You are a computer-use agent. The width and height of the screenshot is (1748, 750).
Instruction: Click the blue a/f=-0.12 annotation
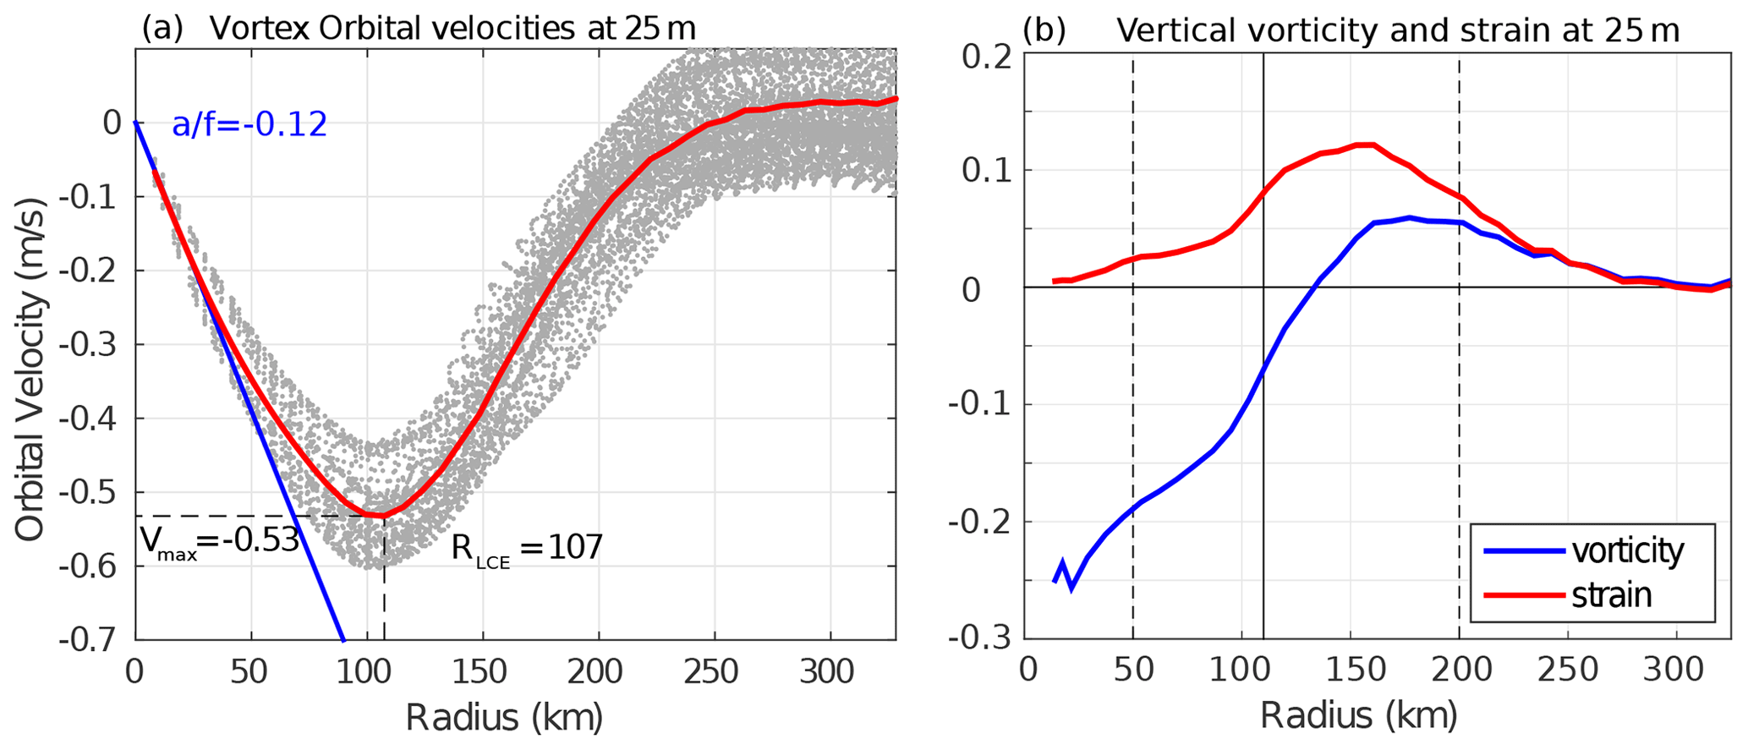click(249, 125)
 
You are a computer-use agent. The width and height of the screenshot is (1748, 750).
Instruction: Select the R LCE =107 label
click(527, 548)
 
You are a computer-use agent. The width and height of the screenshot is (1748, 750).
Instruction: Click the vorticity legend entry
click(1627, 551)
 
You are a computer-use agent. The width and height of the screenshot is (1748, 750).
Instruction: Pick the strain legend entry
click(1611, 595)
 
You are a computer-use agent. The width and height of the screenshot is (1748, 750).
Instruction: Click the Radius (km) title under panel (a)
click(504, 719)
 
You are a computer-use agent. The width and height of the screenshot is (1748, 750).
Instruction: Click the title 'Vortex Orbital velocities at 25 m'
click(452, 29)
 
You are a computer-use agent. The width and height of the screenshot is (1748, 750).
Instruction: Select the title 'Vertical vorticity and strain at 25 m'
click(1397, 30)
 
